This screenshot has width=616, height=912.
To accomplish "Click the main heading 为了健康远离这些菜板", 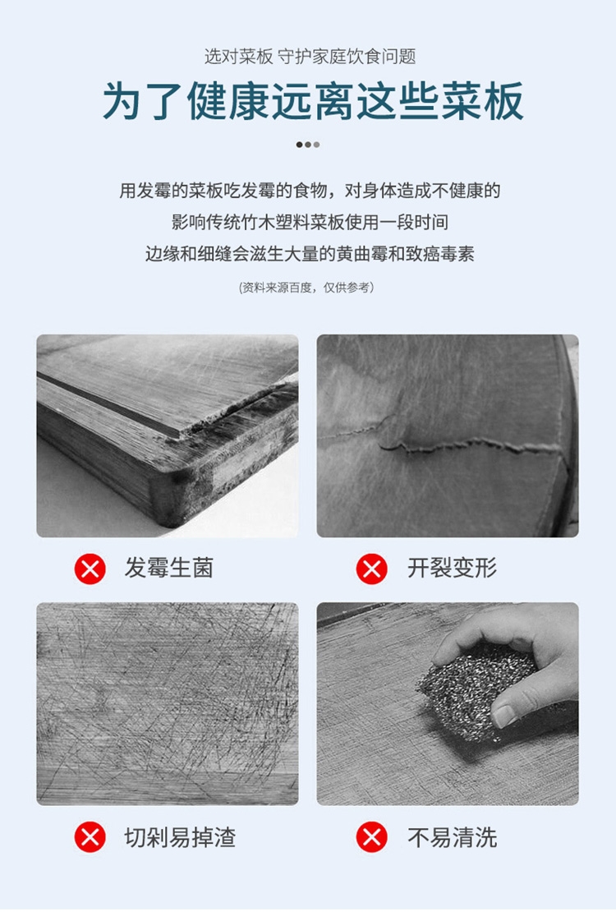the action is coord(314,101).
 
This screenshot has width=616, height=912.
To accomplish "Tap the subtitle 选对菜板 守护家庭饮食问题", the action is coord(310,57).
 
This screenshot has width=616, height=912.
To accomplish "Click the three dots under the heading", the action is coord(308,145).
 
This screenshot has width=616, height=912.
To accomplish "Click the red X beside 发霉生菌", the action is coord(90,569).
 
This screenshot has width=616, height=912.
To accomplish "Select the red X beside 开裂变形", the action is coord(372,569).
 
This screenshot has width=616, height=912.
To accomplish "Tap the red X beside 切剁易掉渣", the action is coord(90,837).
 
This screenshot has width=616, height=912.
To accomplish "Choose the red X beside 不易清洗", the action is coord(372,837).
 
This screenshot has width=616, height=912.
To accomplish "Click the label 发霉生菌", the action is coord(168,569).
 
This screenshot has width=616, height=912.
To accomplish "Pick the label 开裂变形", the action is coord(452,569).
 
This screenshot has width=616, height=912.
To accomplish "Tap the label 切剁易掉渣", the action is coord(180,837).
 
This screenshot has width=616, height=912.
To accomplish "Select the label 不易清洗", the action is coord(452,837).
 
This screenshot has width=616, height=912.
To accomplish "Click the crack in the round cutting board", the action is coord(442,443).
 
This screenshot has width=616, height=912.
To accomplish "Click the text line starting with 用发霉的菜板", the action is coord(310,191).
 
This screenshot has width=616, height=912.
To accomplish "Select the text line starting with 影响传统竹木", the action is coord(310,222).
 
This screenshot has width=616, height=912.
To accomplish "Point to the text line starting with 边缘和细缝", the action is coord(310,254).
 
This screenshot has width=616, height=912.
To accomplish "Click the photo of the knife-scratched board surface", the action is coord(168,704).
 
